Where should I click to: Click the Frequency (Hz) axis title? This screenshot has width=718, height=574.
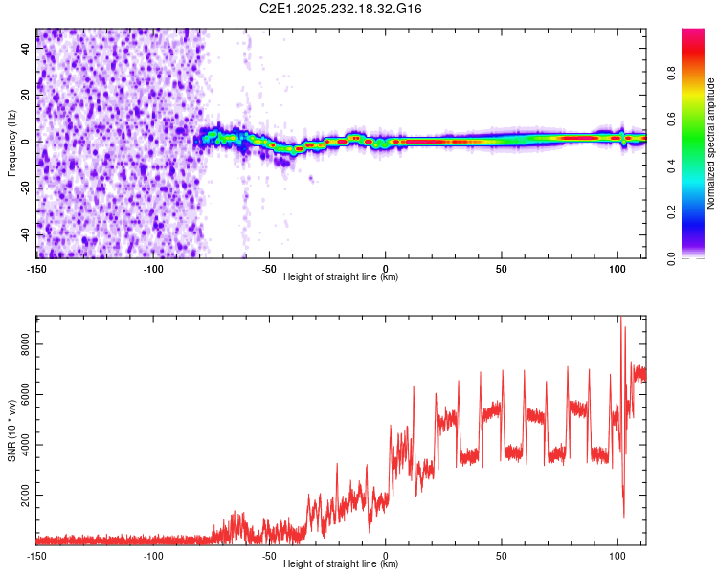pos(11,143)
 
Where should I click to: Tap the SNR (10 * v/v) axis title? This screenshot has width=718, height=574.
pos(11,430)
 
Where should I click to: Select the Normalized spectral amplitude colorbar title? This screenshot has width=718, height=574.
pos(710,143)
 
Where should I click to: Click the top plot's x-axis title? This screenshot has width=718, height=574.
pos(341,276)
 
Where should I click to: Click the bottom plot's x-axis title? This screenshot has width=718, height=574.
pos(341,563)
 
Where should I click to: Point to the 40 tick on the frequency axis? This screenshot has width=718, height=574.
pos(26,49)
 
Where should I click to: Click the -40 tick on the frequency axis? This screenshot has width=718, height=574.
pos(26,234)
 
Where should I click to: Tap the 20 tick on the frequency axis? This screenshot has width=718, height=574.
pos(26,96)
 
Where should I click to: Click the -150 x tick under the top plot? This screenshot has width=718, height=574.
pos(36,269)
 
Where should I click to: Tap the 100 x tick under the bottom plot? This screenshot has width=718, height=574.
pos(617,555)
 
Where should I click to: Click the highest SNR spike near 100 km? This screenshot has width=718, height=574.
pos(619,319)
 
